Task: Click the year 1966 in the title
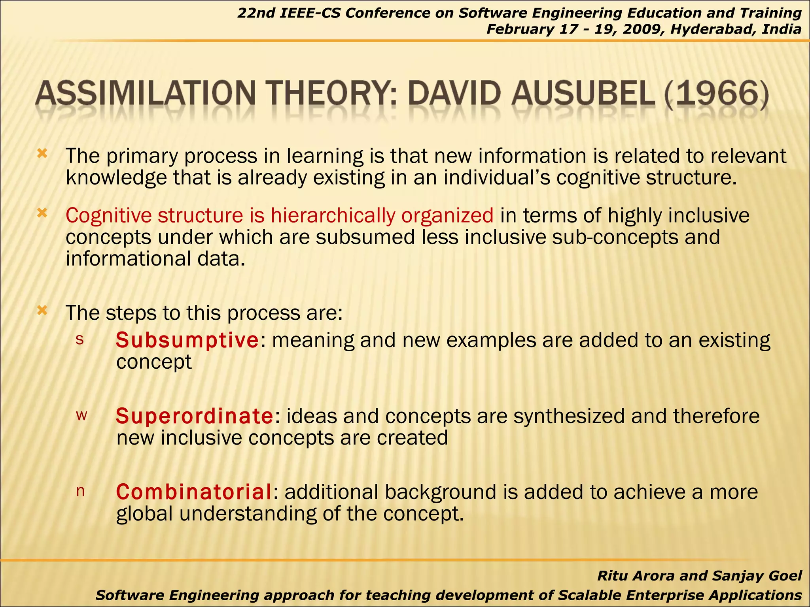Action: pyautogui.click(x=717, y=95)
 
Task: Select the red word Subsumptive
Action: pyautogui.click(x=187, y=340)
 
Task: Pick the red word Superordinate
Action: pyautogui.click(x=194, y=416)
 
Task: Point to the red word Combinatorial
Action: pyautogui.click(x=194, y=492)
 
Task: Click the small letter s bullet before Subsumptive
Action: pyautogui.click(x=80, y=339)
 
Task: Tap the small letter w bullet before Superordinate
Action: pyautogui.click(x=81, y=415)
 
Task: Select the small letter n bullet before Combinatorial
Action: pyautogui.click(x=80, y=491)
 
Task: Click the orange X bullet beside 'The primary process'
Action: pyautogui.click(x=42, y=154)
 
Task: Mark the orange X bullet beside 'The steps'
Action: pyautogui.click(x=42, y=311)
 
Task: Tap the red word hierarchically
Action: pyautogui.click(x=333, y=216)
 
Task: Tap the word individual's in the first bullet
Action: pyautogui.click(x=497, y=178)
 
